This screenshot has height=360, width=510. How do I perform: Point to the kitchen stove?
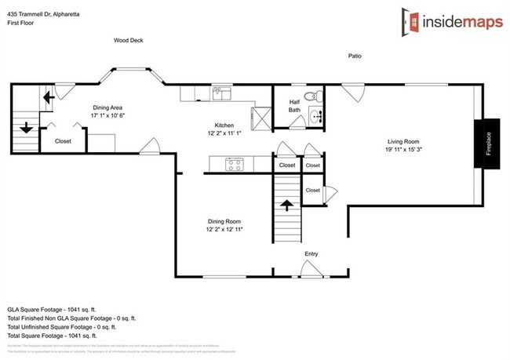point(234,164)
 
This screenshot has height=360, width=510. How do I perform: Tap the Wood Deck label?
point(128,41)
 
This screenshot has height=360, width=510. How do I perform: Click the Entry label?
point(312,254)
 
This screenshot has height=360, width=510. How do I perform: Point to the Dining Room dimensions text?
point(225,229)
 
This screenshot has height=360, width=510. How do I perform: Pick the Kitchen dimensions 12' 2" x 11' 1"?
point(225,133)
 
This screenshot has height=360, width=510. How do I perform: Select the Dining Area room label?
point(107,107)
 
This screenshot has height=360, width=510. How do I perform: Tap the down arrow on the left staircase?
point(24,126)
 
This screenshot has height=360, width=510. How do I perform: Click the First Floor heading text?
point(22,24)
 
